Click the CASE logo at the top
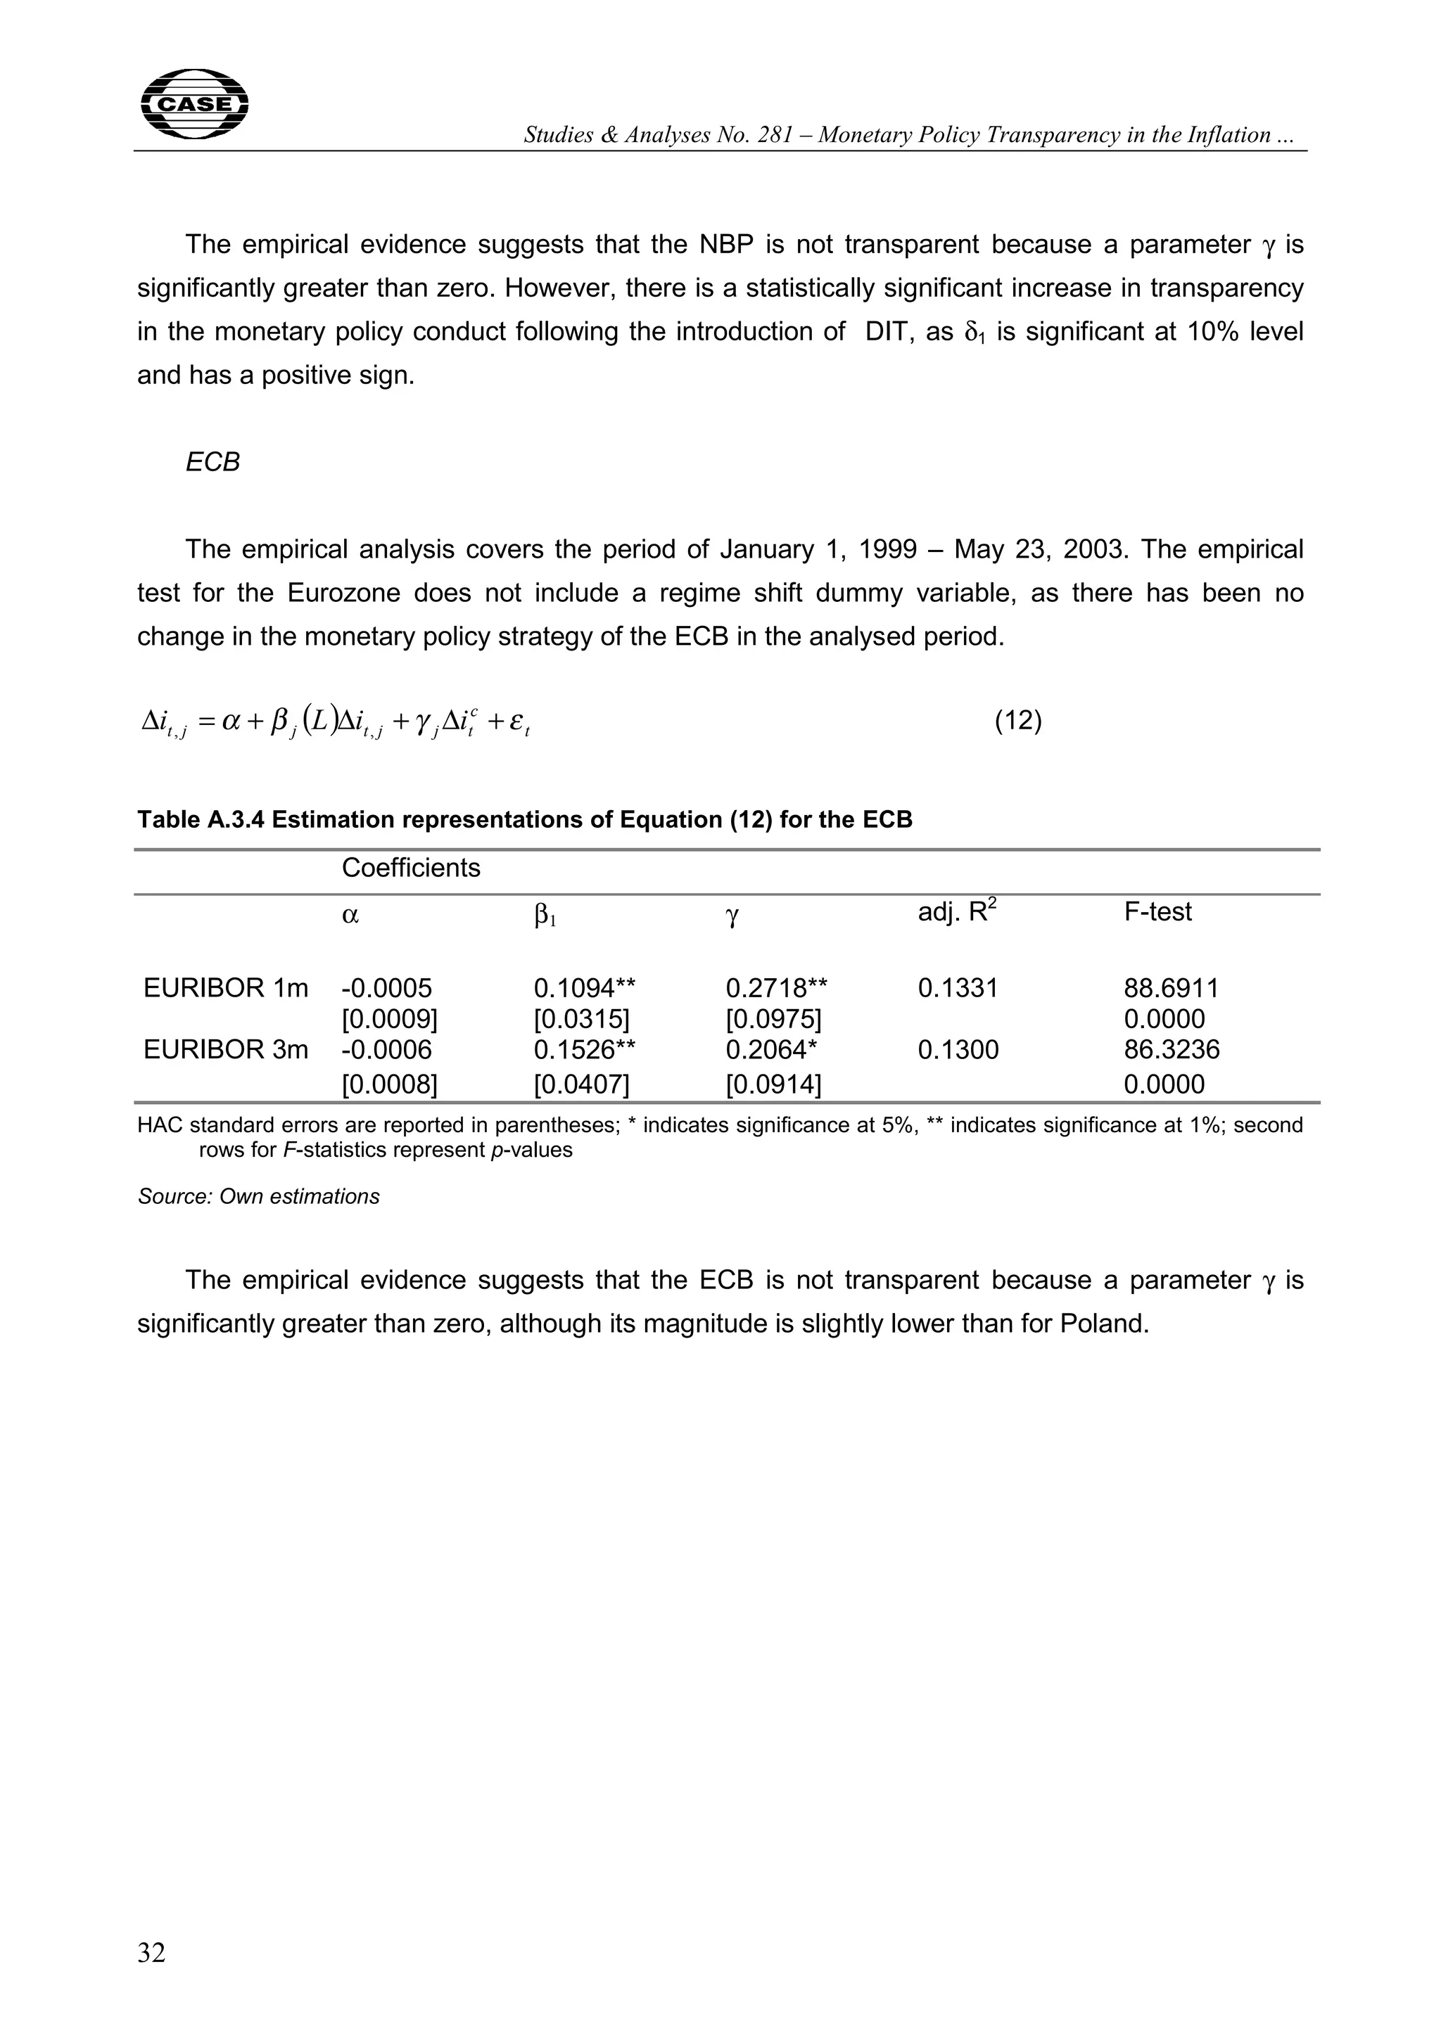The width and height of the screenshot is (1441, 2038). click(194, 105)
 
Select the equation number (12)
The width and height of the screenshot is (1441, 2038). click(1017, 721)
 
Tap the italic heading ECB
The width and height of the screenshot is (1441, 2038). click(212, 463)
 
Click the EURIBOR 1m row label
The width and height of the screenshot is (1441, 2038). click(226, 988)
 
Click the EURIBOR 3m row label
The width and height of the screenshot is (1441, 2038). click(226, 1050)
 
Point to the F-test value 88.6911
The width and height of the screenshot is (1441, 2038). click(1171, 988)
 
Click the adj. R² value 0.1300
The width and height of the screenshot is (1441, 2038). click(958, 1050)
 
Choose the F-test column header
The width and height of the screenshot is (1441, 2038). click(1157, 911)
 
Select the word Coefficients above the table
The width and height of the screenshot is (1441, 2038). click(410, 868)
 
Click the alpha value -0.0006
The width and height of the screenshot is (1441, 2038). click(386, 1050)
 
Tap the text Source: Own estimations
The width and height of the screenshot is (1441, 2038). click(258, 1196)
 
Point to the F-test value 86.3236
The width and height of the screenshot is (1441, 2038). click(1171, 1050)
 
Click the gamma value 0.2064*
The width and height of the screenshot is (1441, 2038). click(770, 1050)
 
